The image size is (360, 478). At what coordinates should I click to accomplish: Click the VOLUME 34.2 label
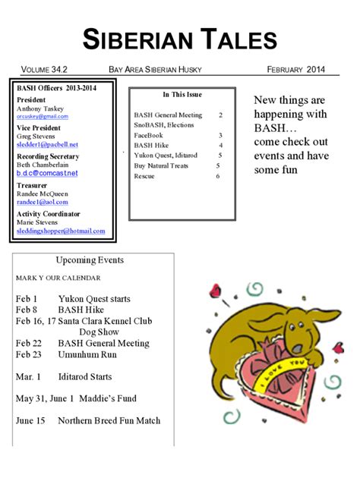click(45, 70)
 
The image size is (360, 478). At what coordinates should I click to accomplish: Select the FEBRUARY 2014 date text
click(296, 70)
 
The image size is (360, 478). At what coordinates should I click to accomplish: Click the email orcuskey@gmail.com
click(43, 117)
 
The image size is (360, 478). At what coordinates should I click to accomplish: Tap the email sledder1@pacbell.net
click(47, 144)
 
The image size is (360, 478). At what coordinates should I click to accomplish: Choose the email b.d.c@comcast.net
click(47, 173)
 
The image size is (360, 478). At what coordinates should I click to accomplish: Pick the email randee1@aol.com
click(43, 202)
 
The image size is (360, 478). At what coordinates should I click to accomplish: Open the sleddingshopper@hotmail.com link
click(61, 231)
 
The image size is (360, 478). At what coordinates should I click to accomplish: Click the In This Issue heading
click(182, 95)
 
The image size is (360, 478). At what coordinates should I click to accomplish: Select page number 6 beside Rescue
click(217, 176)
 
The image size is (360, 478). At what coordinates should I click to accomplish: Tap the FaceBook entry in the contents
click(149, 135)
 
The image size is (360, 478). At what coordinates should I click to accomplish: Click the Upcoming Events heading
click(90, 260)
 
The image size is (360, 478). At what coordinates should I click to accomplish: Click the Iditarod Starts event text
click(85, 376)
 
